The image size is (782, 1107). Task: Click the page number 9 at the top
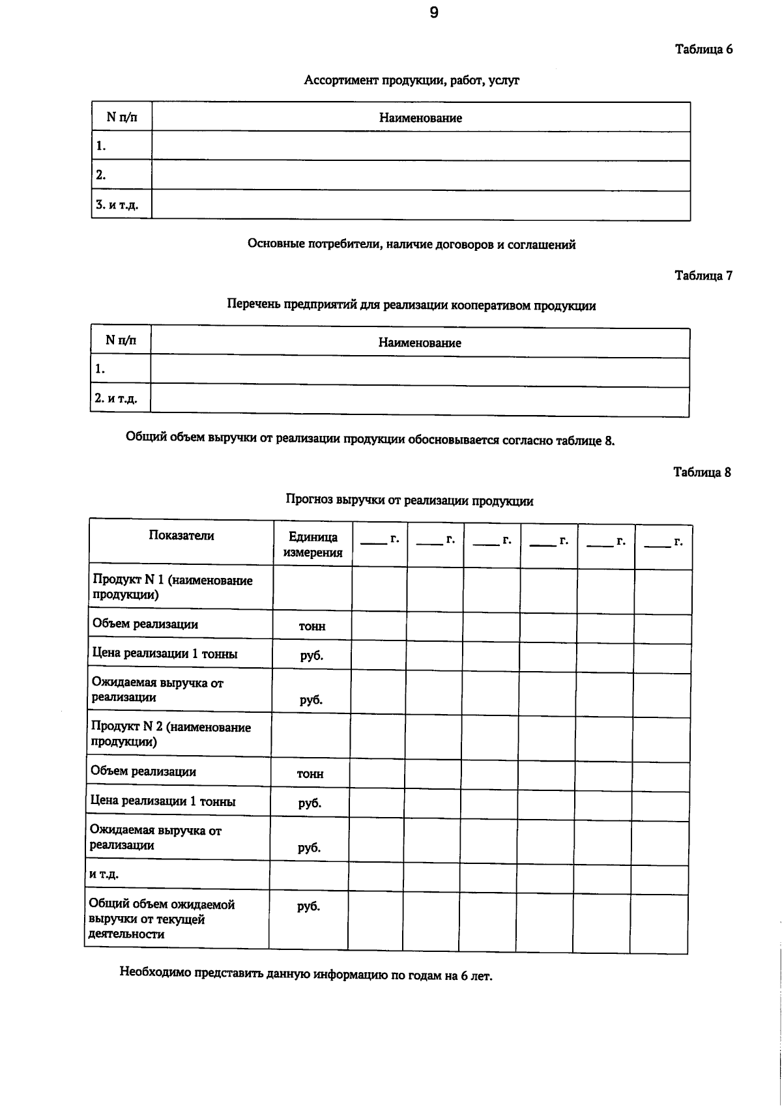[x=434, y=13]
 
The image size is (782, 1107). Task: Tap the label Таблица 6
[x=703, y=50]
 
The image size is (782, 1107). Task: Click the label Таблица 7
[x=703, y=276]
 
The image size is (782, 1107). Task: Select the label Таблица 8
[x=702, y=472]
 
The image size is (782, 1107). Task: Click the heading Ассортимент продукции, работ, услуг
[x=411, y=81]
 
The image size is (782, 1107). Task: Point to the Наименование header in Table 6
[x=420, y=118]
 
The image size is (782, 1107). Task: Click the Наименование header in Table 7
[x=420, y=343]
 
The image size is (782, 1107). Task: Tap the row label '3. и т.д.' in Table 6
[x=117, y=205]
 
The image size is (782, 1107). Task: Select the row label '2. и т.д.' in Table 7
[x=116, y=398]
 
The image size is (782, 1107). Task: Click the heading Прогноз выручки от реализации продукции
[x=409, y=501]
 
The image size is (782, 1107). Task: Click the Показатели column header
[x=181, y=536]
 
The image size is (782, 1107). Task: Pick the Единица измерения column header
[x=313, y=545]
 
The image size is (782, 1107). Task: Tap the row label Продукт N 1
[x=173, y=587]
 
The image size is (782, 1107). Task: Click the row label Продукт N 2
[x=171, y=734]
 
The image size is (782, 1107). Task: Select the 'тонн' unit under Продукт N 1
[x=312, y=626]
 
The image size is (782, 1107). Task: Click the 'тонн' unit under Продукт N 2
[x=310, y=774]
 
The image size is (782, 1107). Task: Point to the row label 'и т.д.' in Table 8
[x=104, y=874]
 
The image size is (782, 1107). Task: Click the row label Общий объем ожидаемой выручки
[x=162, y=919]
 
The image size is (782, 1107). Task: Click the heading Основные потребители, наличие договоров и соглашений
[x=411, y=245]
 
